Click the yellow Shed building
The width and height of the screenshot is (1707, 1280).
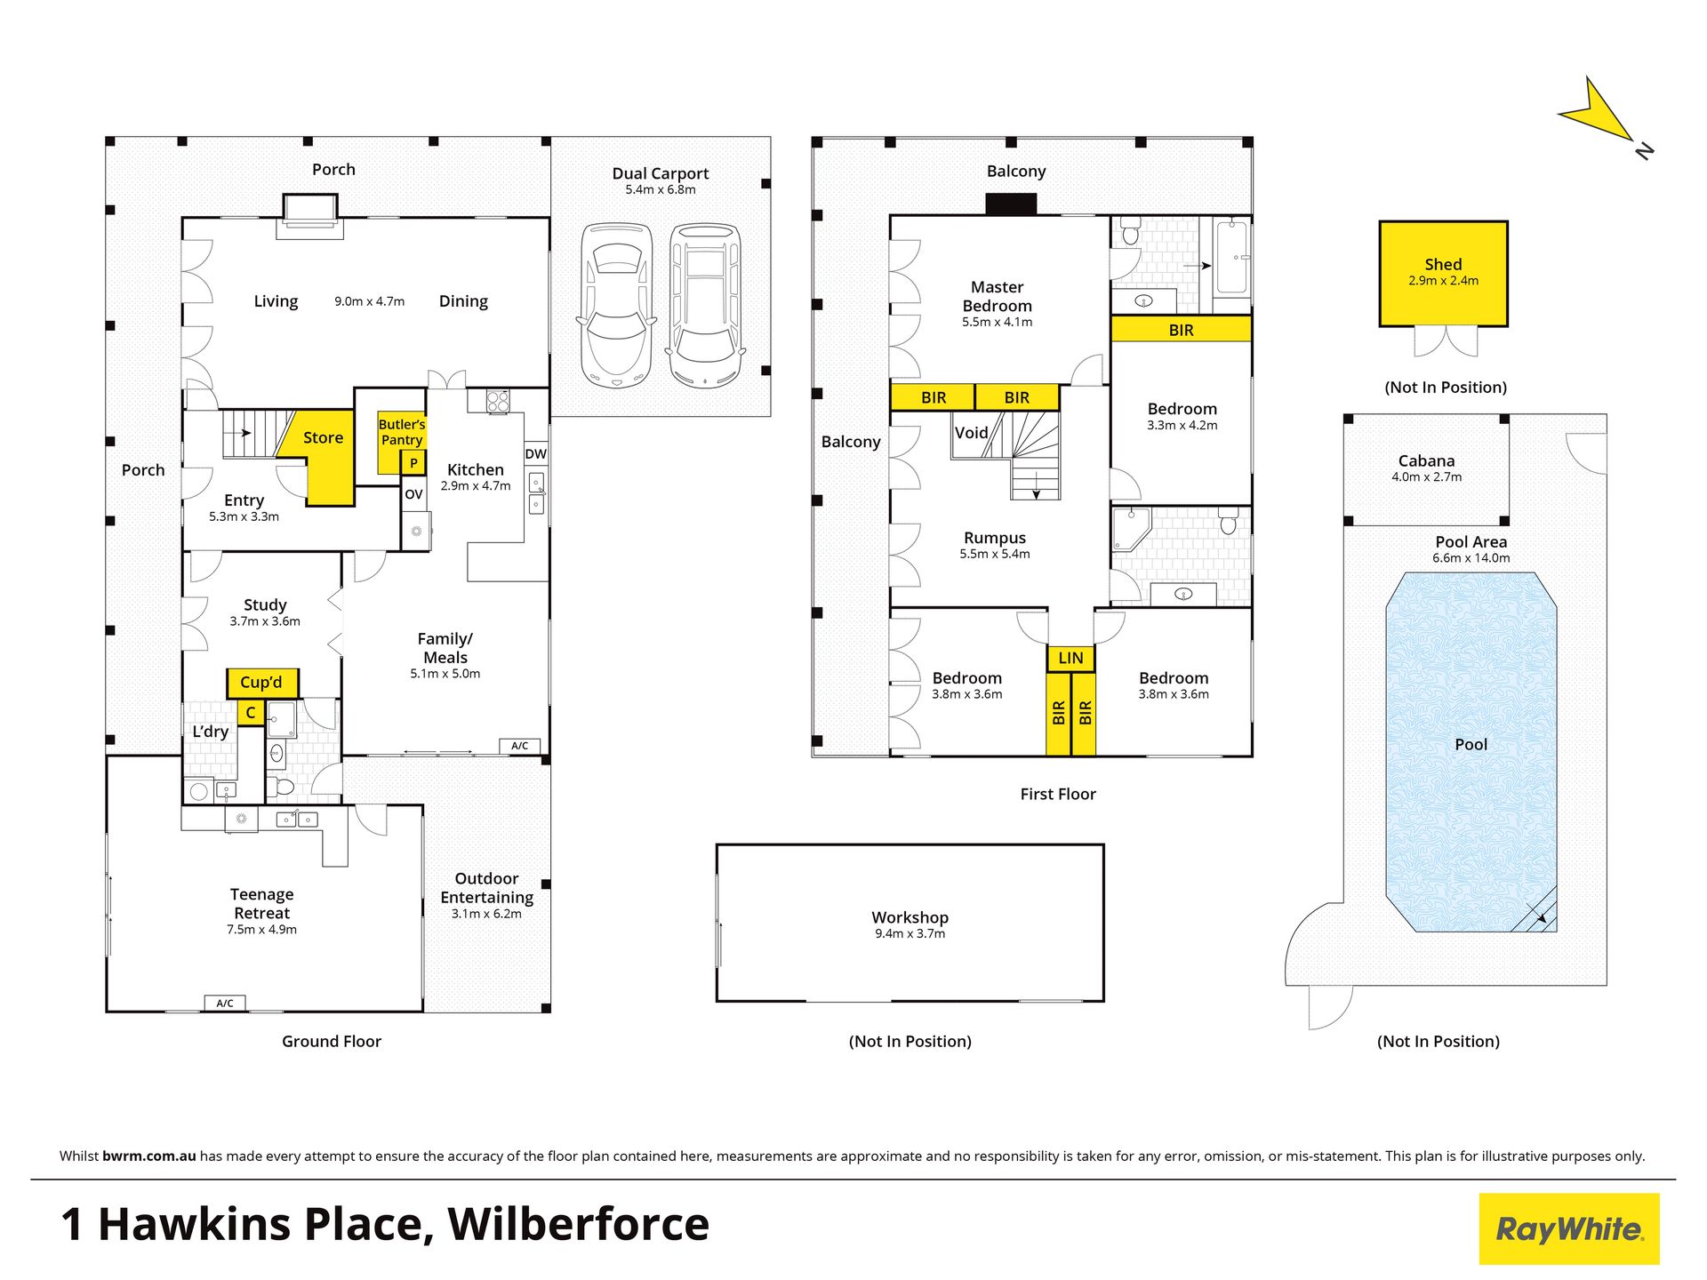[1443, 274]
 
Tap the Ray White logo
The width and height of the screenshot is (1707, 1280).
[1569, 1228]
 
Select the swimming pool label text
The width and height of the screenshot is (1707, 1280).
[1471, 745]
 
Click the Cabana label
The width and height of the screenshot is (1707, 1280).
[1426, 460]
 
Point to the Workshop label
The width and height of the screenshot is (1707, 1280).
[910, 917]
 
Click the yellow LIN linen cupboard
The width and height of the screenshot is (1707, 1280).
[1070, 658]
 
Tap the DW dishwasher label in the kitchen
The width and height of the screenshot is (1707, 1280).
[535, 454]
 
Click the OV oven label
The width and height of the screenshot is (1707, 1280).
[413, 494]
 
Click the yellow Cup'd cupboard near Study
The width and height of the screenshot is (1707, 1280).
[261, 683]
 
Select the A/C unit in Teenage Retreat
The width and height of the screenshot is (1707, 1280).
[225, 1004]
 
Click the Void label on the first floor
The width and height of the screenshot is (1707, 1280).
[971, 433]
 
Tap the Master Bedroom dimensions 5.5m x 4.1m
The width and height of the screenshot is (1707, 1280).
[997, 322]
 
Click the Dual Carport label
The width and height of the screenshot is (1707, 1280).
[661, 173]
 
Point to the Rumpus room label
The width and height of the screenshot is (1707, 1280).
[995, 538]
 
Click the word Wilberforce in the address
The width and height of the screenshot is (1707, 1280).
[579, 1224]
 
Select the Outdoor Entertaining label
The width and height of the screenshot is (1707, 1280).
[487, 888]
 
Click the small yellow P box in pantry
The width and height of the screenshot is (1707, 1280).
[413, 463]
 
